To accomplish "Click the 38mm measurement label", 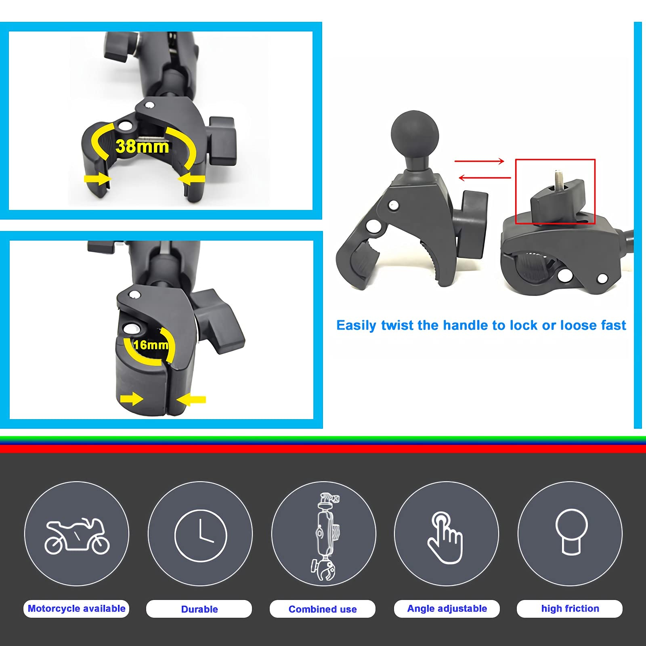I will click(142, 147).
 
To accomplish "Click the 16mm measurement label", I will click(151, 345).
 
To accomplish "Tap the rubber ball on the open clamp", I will click(414, 133).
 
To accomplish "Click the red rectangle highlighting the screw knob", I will click(555, 191).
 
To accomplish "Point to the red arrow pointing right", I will click(479, 161).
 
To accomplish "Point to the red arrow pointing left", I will click(484, 178).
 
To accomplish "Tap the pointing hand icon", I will click(445, 537).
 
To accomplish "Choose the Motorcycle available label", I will click(76, 608).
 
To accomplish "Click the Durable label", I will click(199, 609).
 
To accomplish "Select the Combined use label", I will click(323, 609).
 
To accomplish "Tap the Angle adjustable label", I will click(447, 608).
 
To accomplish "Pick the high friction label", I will click(570, 608).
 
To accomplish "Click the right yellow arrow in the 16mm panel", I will click(191, 400).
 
